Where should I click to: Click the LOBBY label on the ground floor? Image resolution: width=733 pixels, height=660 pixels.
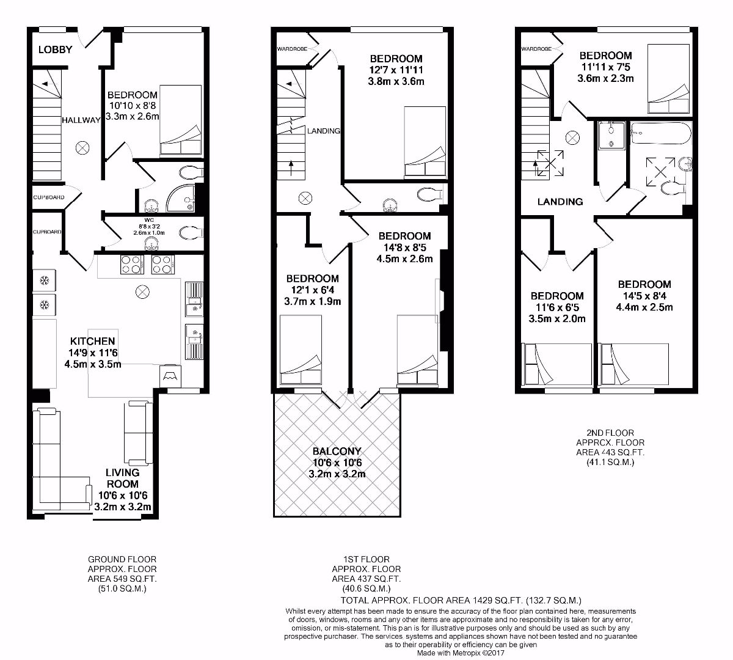point(55,50)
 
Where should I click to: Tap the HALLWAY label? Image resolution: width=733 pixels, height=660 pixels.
point(81,120)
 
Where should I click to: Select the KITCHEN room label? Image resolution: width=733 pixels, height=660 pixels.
point(92,341)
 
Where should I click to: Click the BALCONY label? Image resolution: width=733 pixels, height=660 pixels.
point(337,452)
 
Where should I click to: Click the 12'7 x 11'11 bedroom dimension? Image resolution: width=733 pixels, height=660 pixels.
point(396,70)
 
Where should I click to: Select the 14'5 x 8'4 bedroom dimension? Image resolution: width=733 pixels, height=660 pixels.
point(644,296)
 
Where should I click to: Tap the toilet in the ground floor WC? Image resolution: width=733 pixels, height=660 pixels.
point(189,232)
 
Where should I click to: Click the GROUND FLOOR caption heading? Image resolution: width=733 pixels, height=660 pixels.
point(122,559)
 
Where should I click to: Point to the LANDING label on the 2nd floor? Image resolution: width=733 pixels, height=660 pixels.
point(560,202)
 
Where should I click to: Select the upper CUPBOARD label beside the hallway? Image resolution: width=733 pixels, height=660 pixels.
point(48,197)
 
